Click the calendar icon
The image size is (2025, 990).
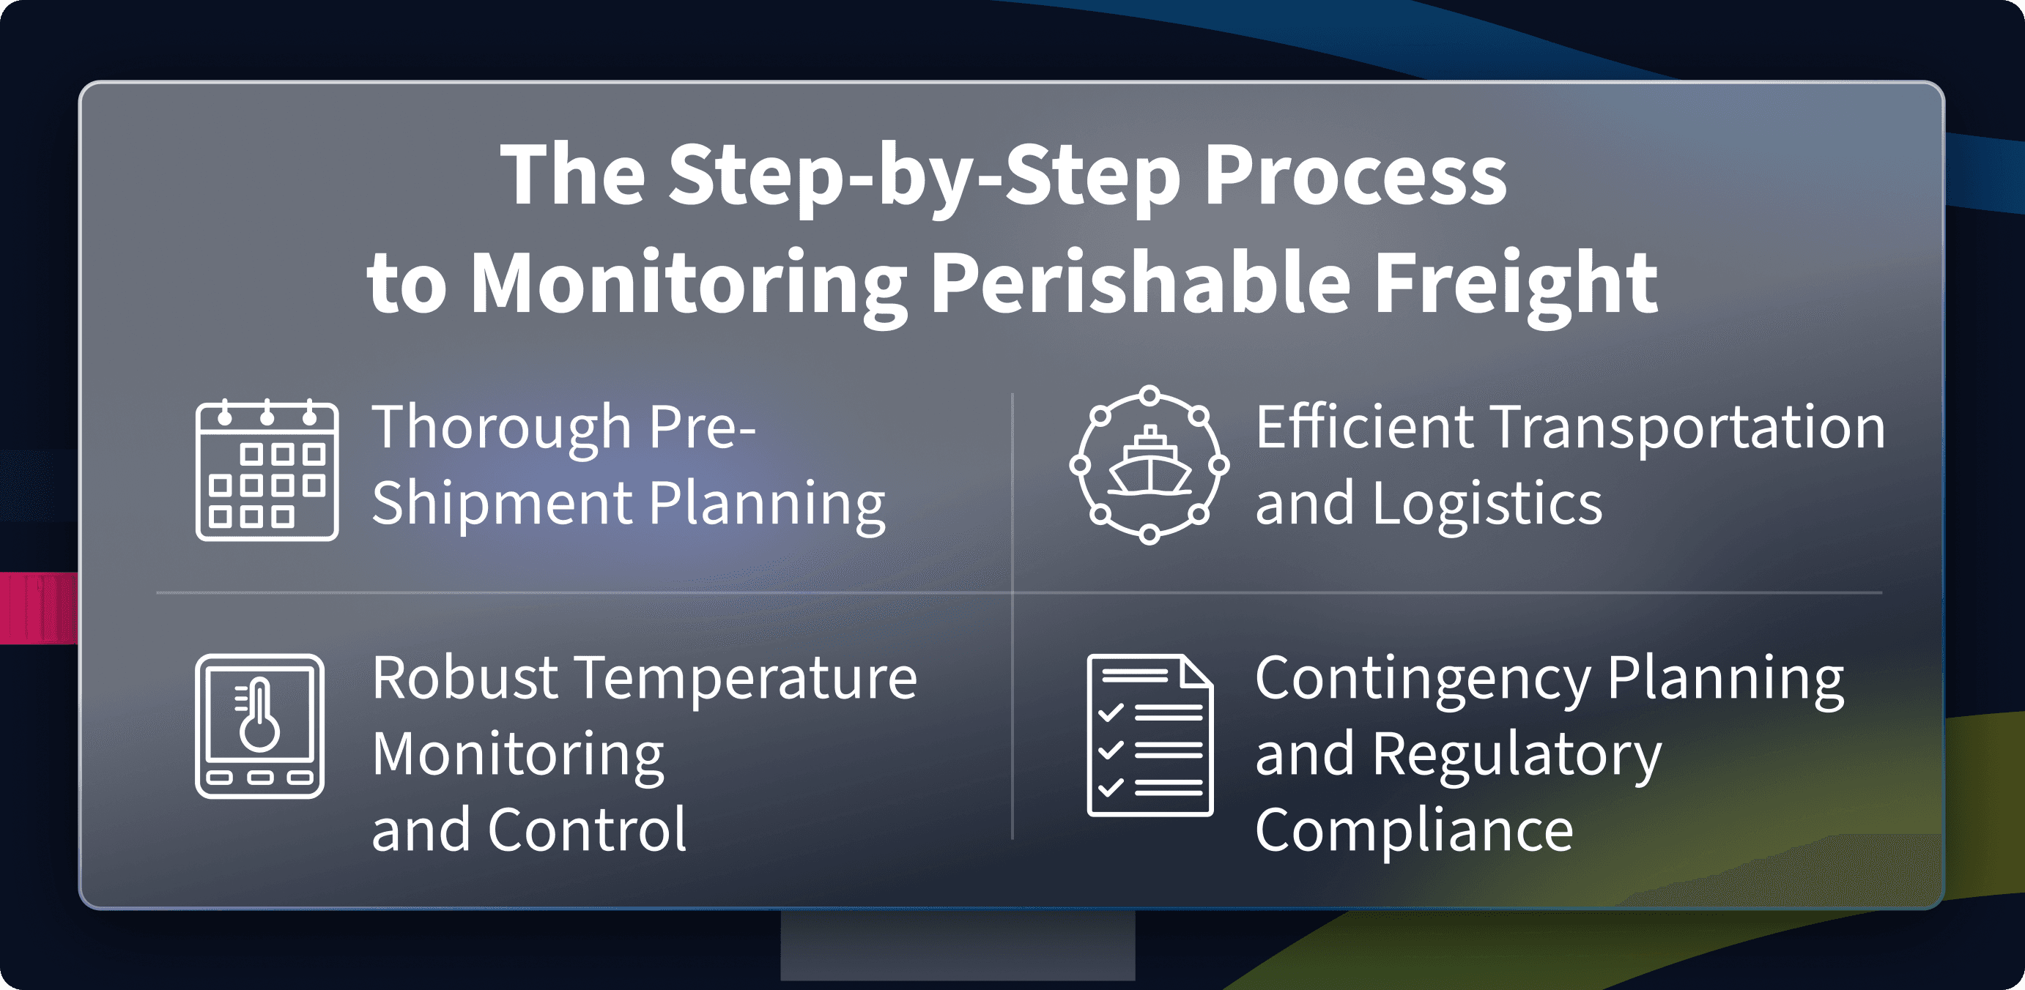click(267, 470)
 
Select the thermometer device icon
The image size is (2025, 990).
click(259, 726)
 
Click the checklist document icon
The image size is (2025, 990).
click(1150, 735)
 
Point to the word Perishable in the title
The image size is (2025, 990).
click(1141, 281)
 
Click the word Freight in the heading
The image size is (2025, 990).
click(1516, 281)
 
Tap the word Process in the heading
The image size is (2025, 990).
click(1355, 174)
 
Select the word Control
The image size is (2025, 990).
click(588, 829)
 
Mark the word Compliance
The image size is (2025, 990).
click(1414, 830)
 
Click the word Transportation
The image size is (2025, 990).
click(1689, 429)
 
